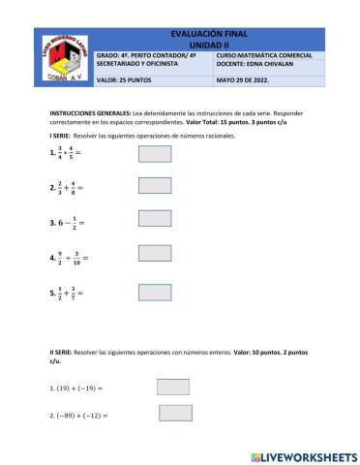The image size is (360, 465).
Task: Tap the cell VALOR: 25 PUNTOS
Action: pos(126,80)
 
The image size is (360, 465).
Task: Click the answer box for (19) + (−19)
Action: pos(173,387)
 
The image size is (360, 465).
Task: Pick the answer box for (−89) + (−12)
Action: pos(176,414)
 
